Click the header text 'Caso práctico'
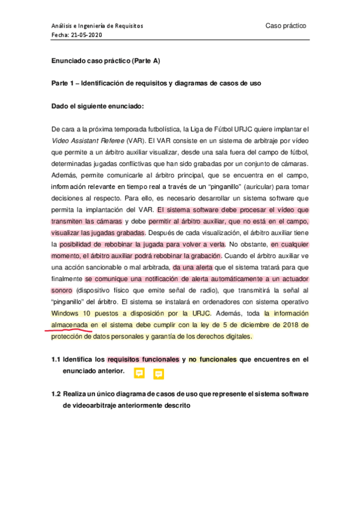pyautogui.click(x=285, y=26)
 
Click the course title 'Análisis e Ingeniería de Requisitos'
pyautogui.click(x=96, y=26)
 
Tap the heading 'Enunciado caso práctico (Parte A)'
pyautogui.click(x=105, y=61)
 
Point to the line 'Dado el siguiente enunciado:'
pyautogui.click(x=97, y=106)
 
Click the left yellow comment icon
pyautogui.click(x=139, y=373)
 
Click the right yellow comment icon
pyautogui.click(x=159, y=373)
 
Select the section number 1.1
pyautogui.click(x=56, y=360)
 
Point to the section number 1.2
pyautogui.click(x=56, y=393)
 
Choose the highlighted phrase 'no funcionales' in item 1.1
pyautogui.click(x=212, y=360)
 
